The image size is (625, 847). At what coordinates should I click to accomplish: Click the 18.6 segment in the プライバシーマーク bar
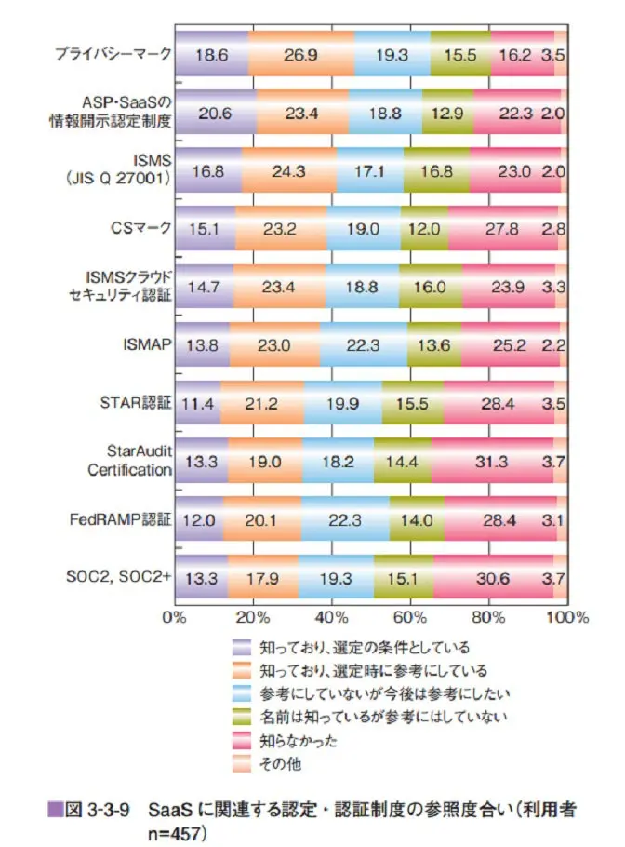pos(211,54)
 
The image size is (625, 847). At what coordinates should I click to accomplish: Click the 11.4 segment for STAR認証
pos(197,402)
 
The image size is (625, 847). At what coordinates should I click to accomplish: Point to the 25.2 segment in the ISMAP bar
pos(511,344)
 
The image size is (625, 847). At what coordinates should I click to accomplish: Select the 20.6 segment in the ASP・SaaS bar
pos(215,112)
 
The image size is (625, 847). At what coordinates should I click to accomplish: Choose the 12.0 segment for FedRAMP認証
pos(198,518)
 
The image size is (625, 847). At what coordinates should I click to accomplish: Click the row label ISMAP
pos(146,344)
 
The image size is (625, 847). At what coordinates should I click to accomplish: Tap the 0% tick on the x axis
pos(175,616)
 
